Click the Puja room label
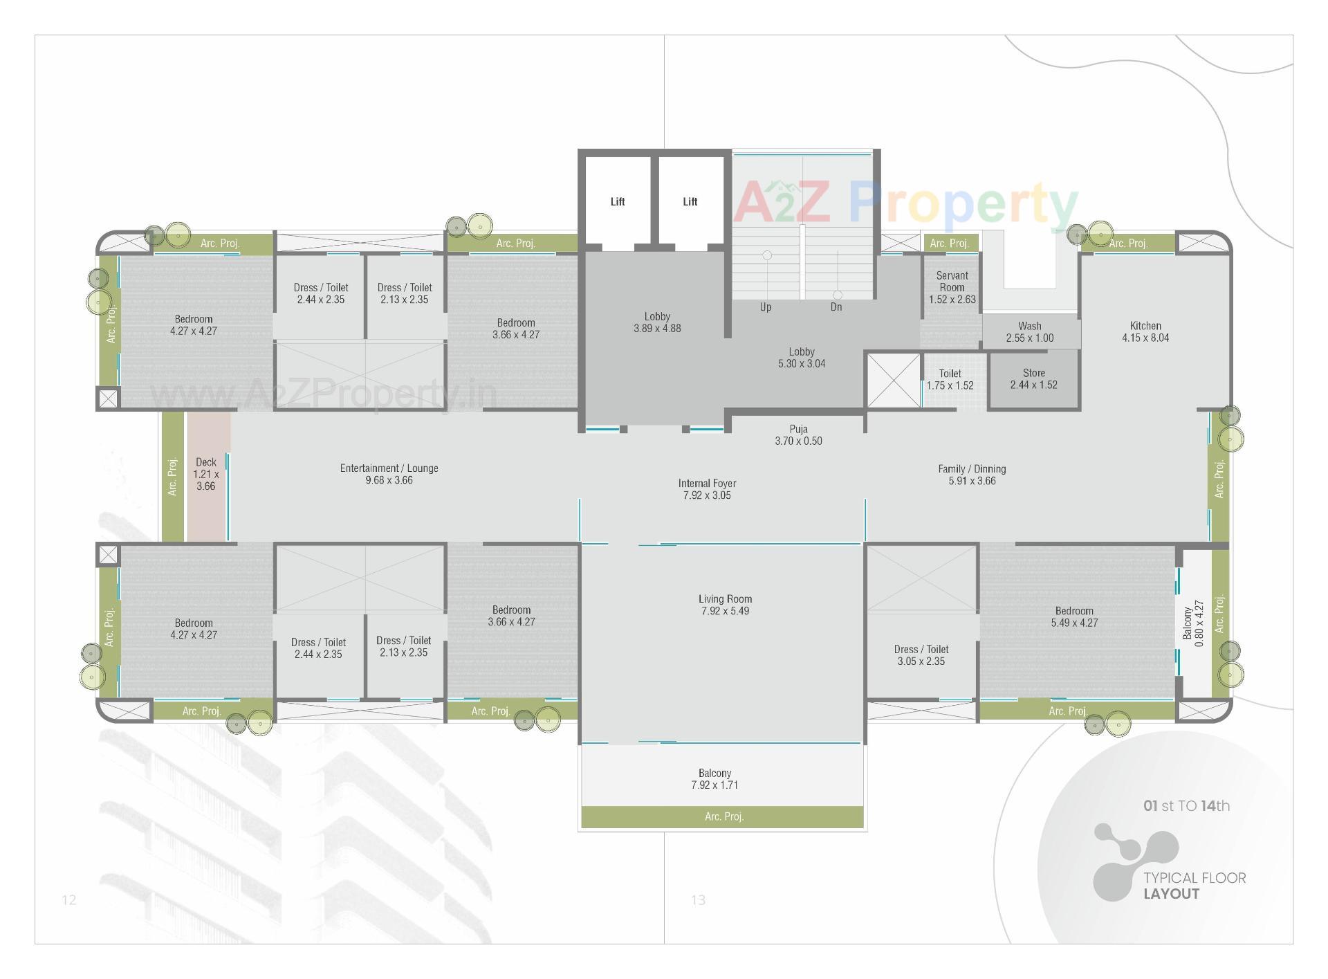tap(798, 434)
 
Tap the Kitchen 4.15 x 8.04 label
tap(1145, 331)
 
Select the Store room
tap(1033, 379)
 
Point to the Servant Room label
tap(952, 286)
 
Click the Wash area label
tap(1029, 331)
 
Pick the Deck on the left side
tap(206, 474)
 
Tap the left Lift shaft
tap(617, 201)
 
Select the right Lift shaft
tap(690, 201)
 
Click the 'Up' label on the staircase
tap(765, 307)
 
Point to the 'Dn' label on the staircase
tap(836, 307)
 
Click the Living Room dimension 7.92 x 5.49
tap(724, 611)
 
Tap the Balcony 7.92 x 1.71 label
tap(714, 779)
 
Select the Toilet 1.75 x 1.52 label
tap(950, 379)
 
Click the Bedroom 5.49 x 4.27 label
tap(1074, 616)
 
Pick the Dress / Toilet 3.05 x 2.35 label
tap(921, 655)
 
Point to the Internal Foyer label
tap(707, 489)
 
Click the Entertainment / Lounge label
tap(389, 474)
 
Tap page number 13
tap(698, 899)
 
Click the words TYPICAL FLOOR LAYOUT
tap(1194, 886)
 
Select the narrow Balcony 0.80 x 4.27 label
tap(1194, 623)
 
